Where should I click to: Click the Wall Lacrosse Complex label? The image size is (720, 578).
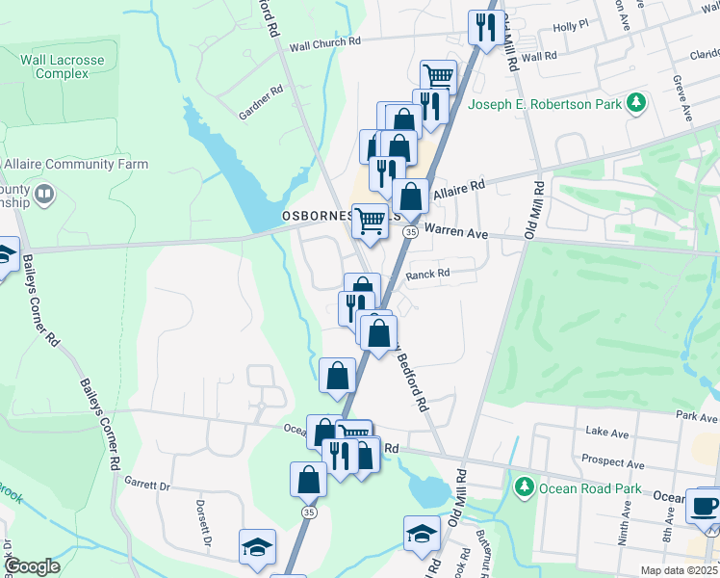[63, 66]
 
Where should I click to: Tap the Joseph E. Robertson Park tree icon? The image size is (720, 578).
[635, 101]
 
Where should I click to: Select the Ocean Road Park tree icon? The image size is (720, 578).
[524, 487]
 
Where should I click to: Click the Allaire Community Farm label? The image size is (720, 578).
[75, 165]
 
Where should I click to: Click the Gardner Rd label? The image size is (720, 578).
[262, 102]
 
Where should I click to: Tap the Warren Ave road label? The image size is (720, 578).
[456, 233]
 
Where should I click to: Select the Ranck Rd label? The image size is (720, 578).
[428, 274]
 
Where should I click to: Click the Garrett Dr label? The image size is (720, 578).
[146, 487]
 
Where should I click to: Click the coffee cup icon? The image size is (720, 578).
[705, 506]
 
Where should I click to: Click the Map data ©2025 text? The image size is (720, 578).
[679, 570]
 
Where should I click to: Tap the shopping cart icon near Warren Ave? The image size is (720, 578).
[370, 222]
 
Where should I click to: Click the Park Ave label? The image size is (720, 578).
[697, 418]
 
